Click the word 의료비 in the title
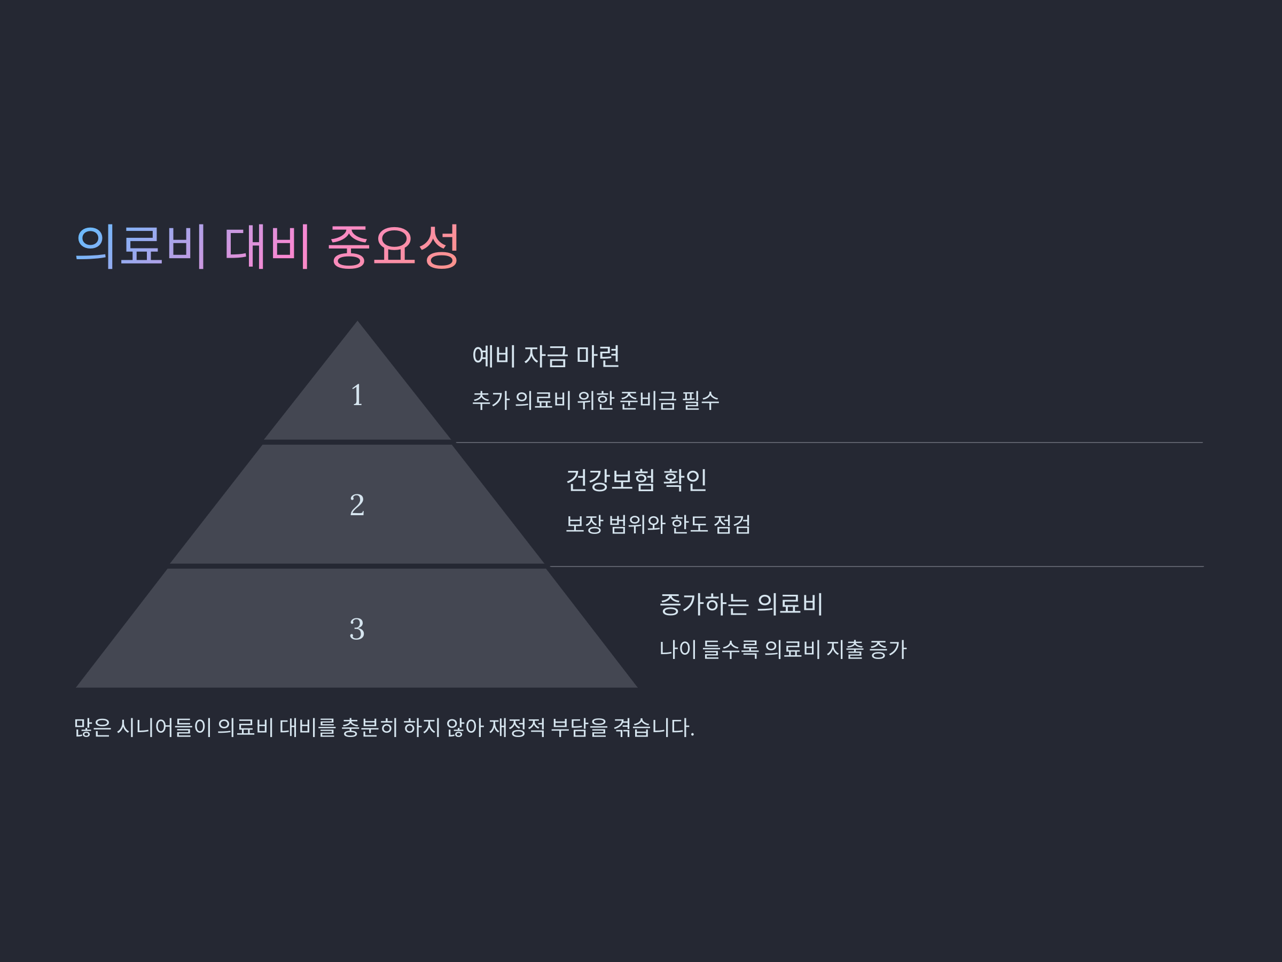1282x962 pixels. click(140, 246)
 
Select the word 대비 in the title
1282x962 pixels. click(267, 246)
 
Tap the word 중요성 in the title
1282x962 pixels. click(394, 246)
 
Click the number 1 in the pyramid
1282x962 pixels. click(357, 395)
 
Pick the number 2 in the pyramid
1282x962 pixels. click(357, 505)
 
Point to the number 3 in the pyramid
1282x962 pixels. click(357, 629)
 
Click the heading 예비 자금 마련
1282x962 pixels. click(546, 356)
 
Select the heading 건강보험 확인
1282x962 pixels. click(636, 480)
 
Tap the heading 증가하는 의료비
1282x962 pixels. click(741, 604)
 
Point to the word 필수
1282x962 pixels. click(701, 400)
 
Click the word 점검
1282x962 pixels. click(732, 525)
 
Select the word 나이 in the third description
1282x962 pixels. click(677, 649)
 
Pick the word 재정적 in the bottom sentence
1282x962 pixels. click(517, 727)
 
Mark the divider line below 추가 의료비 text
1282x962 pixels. click(829, 443)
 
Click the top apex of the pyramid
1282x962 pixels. click(357, 322)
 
